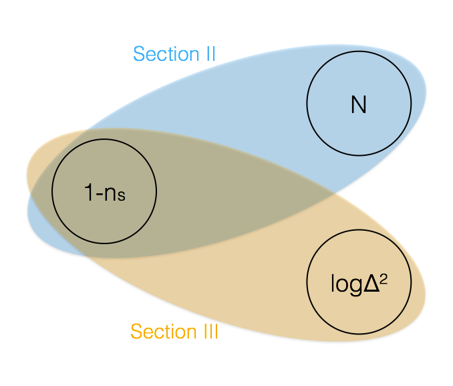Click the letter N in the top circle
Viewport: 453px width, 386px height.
click(x=359, y=105)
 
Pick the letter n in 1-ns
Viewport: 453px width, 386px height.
click(x=110, y=195)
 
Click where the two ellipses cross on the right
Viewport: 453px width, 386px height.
click(x=334, y=194)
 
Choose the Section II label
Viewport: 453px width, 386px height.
click(x=174, y=54)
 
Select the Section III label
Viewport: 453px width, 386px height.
click(x=174, y=332)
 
